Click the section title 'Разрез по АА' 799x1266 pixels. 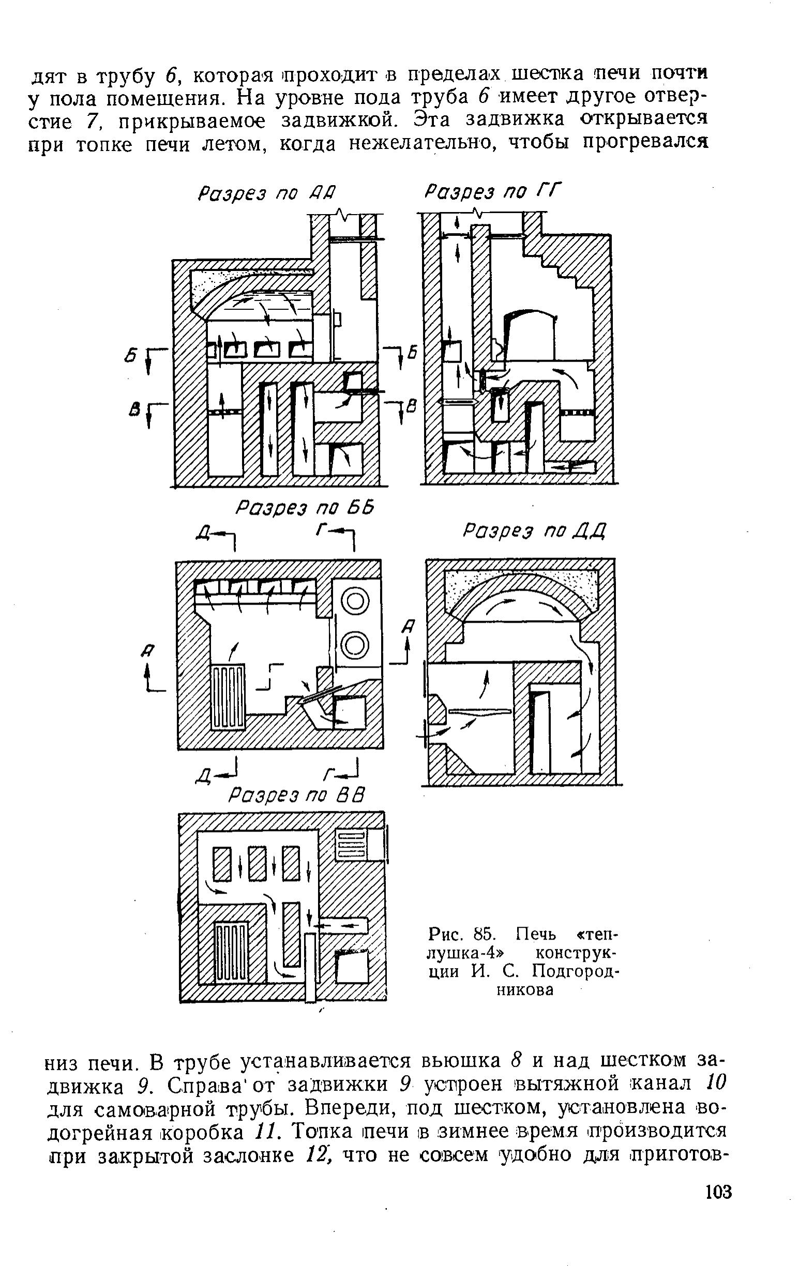[x=267, y=193]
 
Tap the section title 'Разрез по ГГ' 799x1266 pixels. [x=492, y=191]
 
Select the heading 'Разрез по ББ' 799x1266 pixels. [x=305, y=508]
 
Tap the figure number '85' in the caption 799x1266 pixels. [x=482, y=935]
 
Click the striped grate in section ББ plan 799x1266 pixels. [x=228, y=697]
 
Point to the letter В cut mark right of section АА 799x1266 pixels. [x=413, y=405]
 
